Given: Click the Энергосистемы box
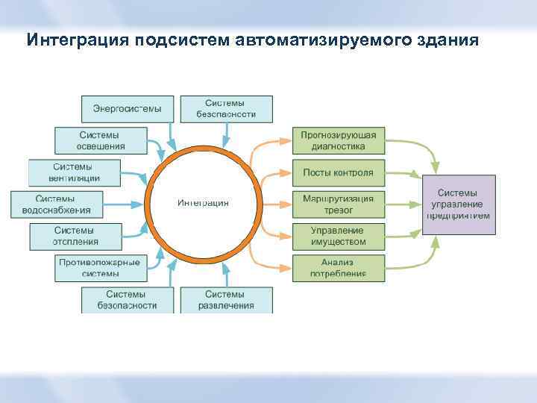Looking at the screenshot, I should [127, 109].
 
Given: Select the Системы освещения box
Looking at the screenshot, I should [100, 140].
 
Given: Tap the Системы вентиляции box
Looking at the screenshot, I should [74, 172].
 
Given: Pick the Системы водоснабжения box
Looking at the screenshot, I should [56, 204].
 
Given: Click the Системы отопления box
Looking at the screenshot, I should [74, 237].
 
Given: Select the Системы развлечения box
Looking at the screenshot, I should [226, 300].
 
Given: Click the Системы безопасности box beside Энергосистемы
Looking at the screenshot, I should [226, 109].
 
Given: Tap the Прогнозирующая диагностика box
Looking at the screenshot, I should [338, 140].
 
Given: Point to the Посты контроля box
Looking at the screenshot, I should [338, 172].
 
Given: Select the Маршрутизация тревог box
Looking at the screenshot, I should [338, 204].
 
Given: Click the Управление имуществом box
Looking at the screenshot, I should [338, 237].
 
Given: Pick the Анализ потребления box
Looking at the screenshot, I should [338, 268].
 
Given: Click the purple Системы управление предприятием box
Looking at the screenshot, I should [459, 204].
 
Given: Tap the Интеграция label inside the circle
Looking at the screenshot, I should [203, 203].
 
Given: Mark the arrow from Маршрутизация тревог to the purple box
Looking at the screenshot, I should [403, 204].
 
